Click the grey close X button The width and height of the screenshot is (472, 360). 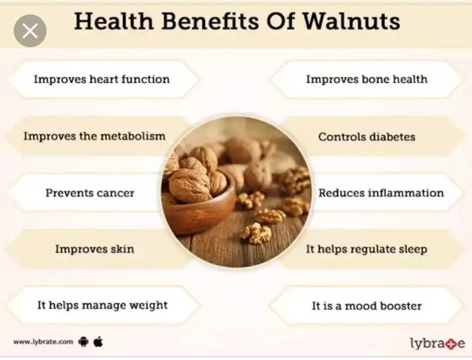point(30,30)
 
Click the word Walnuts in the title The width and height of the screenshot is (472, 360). point(351,21)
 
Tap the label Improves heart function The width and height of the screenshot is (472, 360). point(102,79)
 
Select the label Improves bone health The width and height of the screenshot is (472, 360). point(366,79)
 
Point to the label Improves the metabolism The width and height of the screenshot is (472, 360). point(94,136)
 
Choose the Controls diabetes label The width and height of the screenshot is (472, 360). point(366,137)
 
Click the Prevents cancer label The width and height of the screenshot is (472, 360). point(90,193)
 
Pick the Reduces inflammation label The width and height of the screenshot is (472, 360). point(381,193)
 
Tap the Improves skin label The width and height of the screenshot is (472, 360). point(94,249)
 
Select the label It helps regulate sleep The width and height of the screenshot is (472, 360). point(366,249)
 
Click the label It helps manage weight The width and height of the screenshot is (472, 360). point(102,305)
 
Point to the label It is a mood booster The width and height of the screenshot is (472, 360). point(366,306)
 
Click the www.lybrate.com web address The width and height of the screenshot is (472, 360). point(43,342)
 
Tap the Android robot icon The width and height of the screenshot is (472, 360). point(83,342)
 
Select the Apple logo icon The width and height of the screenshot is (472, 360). point(98,342)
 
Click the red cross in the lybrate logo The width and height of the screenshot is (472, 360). point(452,343)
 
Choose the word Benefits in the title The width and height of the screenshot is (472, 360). point(210,21)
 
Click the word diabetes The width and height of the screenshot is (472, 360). point(392,137)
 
